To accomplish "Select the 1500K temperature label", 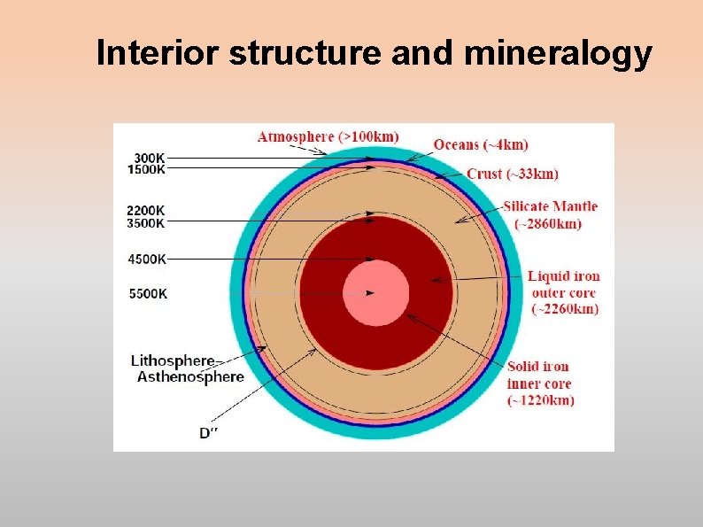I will (x=146, y=169).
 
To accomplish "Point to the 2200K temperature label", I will (x=146, y=211).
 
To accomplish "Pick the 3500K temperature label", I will (x=146, y=223).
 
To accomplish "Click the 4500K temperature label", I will (x=146, y=260).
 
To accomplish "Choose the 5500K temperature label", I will (x=146, y=293).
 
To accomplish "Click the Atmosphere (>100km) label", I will (x=328, y=136).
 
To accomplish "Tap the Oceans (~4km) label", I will (x=481, y=144).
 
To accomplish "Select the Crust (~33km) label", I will (x=512, y=174).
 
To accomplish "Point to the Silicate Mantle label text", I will (x=550, y=206).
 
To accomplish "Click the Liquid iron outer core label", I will (x=564, y=292).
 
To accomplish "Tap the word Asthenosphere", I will (x=190, y=376).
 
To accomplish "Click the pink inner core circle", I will (x=375, y=293).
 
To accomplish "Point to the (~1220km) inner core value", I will (x=540, y=400).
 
